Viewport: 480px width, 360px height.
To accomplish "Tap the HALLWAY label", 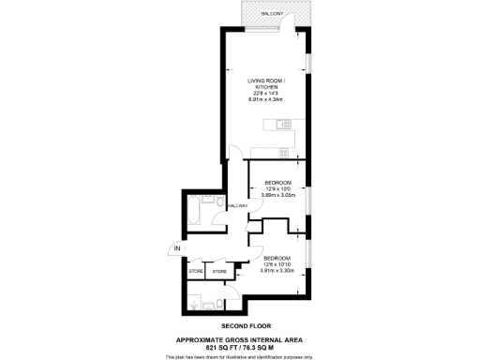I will point(237,205).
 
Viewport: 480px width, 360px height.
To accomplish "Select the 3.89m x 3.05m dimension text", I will point(277,196).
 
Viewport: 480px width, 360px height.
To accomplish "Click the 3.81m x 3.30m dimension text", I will point(277,271).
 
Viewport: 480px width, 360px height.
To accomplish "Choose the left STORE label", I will point(196,272).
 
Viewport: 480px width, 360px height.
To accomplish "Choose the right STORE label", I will point(218,272).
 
